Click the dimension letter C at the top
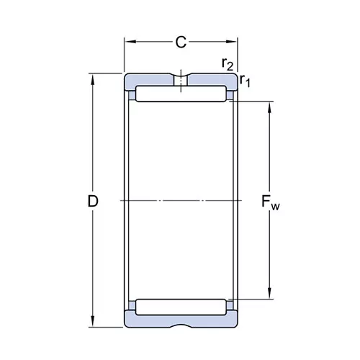(181, 42)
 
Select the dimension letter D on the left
(93, 201)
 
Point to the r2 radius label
(228, 64)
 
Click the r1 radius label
(245, 81)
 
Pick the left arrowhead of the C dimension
(130, 42)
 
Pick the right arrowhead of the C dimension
(231, 42)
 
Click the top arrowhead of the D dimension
(93, 79)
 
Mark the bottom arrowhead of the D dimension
(93, 321)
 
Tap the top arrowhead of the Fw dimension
(269, 107)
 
